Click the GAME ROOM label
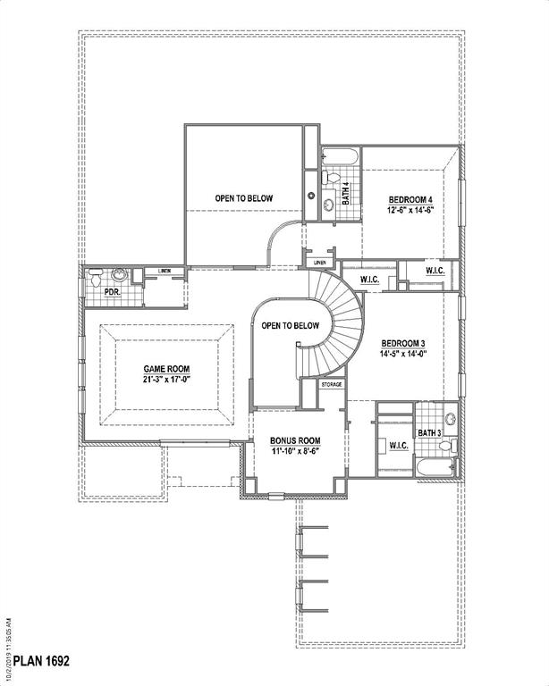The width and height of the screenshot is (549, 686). pos(167,368)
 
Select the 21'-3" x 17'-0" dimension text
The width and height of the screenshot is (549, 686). pos(167,380)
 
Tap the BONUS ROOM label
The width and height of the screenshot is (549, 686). pos(295,440)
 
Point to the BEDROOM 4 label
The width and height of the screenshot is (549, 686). pos(410,198)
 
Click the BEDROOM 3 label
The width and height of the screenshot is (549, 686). pos(403,343)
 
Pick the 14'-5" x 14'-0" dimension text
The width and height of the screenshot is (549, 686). pos(403,354)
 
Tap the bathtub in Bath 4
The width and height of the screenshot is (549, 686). pos(340,158)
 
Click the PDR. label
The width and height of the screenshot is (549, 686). pos(112,291)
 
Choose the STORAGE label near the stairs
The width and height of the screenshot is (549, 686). pos(332,383)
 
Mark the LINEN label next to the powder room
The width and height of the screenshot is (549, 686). pos(165,271)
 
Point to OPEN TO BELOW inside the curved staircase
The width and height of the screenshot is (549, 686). pos(290,326)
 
